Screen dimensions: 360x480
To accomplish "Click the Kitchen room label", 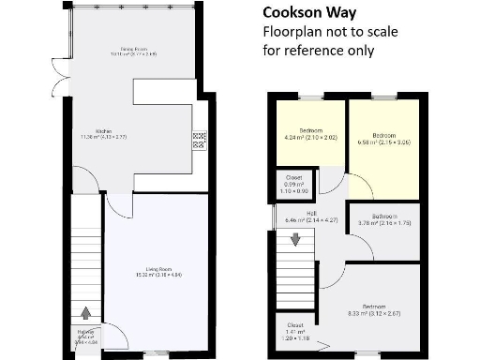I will tap(103, 134).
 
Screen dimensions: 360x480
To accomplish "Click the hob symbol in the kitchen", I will tap(199, 141).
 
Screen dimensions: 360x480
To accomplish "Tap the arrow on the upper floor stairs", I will tap(296, 239).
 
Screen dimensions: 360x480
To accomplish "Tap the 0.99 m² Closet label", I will tap(294, 187).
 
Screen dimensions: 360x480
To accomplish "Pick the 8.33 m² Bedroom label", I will tap(374, 309).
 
